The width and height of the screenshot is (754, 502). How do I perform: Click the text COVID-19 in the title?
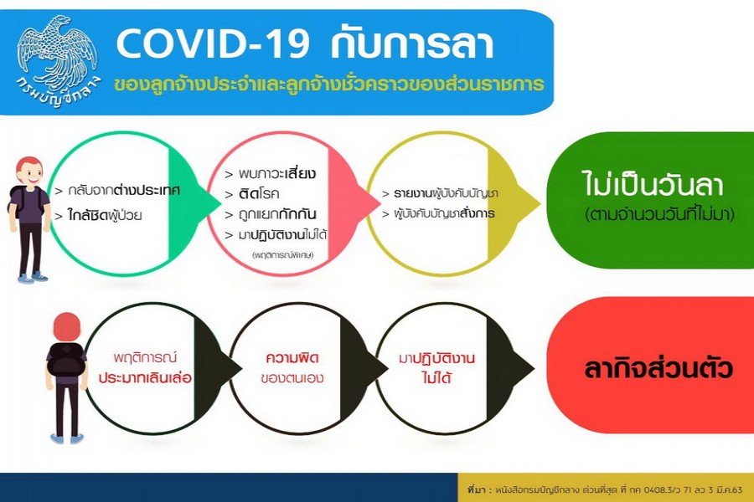point(213,44)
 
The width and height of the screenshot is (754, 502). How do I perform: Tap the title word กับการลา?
point(412,43)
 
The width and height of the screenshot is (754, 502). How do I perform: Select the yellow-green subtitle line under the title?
point(329,84)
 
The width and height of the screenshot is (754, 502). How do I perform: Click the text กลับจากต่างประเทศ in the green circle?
point(124,191)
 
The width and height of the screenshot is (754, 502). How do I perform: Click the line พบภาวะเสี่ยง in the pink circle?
point(277,173)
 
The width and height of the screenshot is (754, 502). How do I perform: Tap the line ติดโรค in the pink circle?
point(259,193)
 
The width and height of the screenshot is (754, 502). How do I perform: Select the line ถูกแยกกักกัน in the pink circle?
point(277,214)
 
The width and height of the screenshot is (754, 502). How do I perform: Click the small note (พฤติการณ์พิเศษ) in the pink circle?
point(283,254)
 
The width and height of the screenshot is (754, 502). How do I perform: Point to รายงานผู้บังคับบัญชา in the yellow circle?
point(446,193)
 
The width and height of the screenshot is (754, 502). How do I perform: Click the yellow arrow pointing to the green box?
point(514,203)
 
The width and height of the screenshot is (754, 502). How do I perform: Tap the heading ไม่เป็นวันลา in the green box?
point(653,184)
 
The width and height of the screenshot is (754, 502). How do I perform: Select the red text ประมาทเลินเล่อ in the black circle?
point(145,377)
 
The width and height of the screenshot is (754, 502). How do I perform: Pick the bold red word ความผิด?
point(292,358)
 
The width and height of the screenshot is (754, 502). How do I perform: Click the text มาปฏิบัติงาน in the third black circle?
point(436,358)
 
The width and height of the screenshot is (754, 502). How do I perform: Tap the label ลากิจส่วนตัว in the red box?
point(658,369)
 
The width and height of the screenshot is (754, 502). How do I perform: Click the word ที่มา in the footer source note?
point(477,489)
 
